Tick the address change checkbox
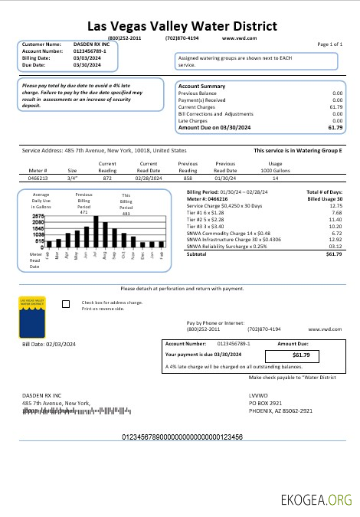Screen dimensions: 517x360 pos(65,304)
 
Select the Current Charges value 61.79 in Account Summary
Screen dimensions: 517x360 pos(335,107)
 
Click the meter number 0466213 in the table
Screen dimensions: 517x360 pos(38,177)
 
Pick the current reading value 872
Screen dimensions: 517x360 pos(107,177)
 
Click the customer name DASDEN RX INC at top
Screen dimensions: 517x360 pos(86,45)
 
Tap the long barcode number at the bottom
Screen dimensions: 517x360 pos(182,436)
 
